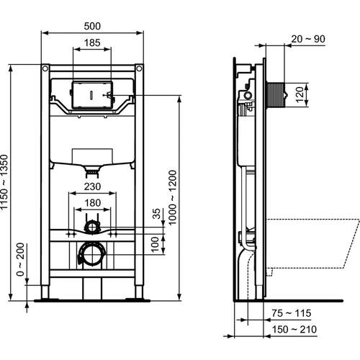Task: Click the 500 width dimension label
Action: pos(92,25)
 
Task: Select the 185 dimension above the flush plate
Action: pos(92,43)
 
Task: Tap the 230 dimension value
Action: pos(92,185)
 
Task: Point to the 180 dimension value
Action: pos(92,203)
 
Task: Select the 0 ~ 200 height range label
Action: pos(22,261)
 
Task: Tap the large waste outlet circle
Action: pos(91,254)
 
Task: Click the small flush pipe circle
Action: pos(91,228)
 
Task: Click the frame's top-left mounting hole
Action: pos(45,68)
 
